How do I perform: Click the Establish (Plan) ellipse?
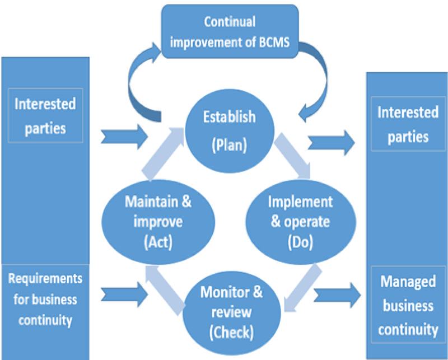(x=230, y=130)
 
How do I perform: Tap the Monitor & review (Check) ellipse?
(x=231, y=311)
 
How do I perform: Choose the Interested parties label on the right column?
(x=407, y=124)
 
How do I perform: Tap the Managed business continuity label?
(x=407, y=305)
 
